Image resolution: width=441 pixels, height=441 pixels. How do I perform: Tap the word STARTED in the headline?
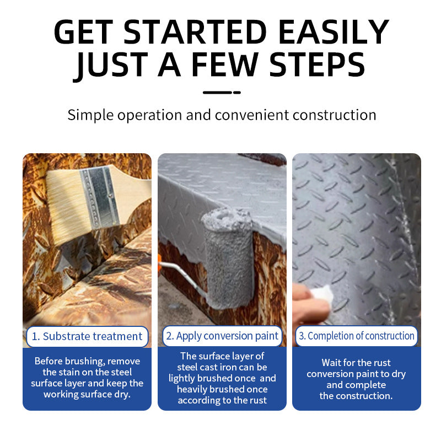point(195,31)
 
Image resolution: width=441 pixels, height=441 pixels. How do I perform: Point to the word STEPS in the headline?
point(318,64)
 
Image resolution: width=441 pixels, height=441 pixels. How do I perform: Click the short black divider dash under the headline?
point(222,92)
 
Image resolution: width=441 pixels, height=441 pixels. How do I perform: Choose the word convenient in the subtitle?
point(252,115)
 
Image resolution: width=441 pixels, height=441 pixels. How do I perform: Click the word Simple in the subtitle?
point(90,115)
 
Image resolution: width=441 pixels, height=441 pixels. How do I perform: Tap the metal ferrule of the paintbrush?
point(99,197)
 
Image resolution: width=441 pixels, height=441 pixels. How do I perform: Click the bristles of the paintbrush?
point(65,208)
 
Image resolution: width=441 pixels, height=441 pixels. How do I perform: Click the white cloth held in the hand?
point(322,294)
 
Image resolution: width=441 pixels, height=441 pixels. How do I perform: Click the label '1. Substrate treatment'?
point(87,336)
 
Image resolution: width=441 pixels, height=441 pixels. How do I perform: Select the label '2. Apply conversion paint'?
point(222,336)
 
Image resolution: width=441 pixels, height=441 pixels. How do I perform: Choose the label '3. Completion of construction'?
point(356,336)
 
